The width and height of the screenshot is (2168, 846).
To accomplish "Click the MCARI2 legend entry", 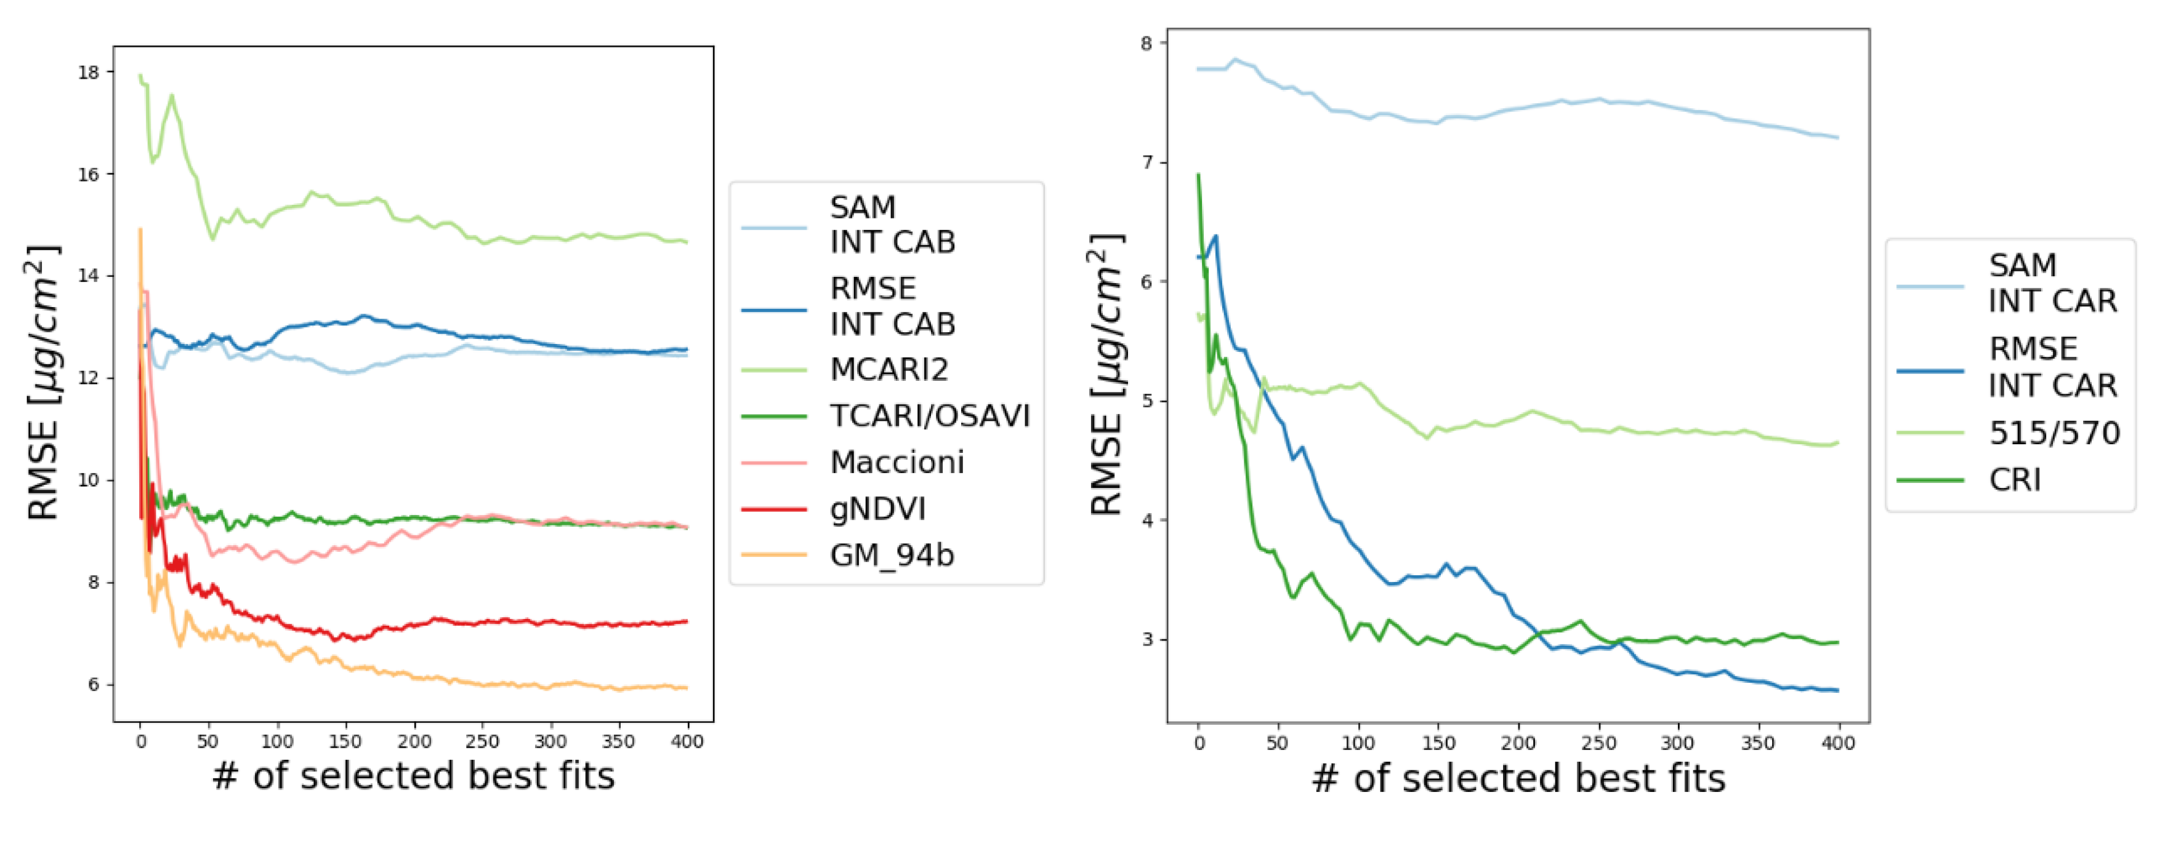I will (x=889, y=369).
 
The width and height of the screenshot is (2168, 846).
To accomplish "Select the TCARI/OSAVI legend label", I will (x=929, y=415).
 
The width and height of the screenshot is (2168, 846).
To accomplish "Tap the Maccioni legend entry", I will (x=897, y=461).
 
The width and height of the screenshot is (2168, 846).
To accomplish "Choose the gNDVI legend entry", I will (x=877, y=509).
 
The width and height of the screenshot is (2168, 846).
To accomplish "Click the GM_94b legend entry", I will (x=891, y=555).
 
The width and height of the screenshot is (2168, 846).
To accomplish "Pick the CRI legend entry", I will (x=2014, y=479).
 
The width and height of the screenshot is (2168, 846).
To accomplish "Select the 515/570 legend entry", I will (x=2053, y=433).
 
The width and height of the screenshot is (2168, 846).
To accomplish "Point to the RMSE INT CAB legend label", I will (x=892, y=306).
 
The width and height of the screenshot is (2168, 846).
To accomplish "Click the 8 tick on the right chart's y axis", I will (x=1146, y=43).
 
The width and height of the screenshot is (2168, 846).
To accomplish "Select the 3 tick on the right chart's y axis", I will (x=1146, y=640).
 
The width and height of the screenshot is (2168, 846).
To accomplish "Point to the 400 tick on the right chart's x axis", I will (x=1838, y=743).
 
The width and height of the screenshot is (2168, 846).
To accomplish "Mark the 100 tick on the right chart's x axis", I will (x=1358, y=743).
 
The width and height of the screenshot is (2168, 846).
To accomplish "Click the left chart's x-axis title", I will (x=413, y=775).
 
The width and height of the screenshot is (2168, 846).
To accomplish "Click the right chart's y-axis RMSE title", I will (x=1106, y=374).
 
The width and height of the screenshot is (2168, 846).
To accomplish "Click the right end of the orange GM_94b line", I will (x=687, y=688).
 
